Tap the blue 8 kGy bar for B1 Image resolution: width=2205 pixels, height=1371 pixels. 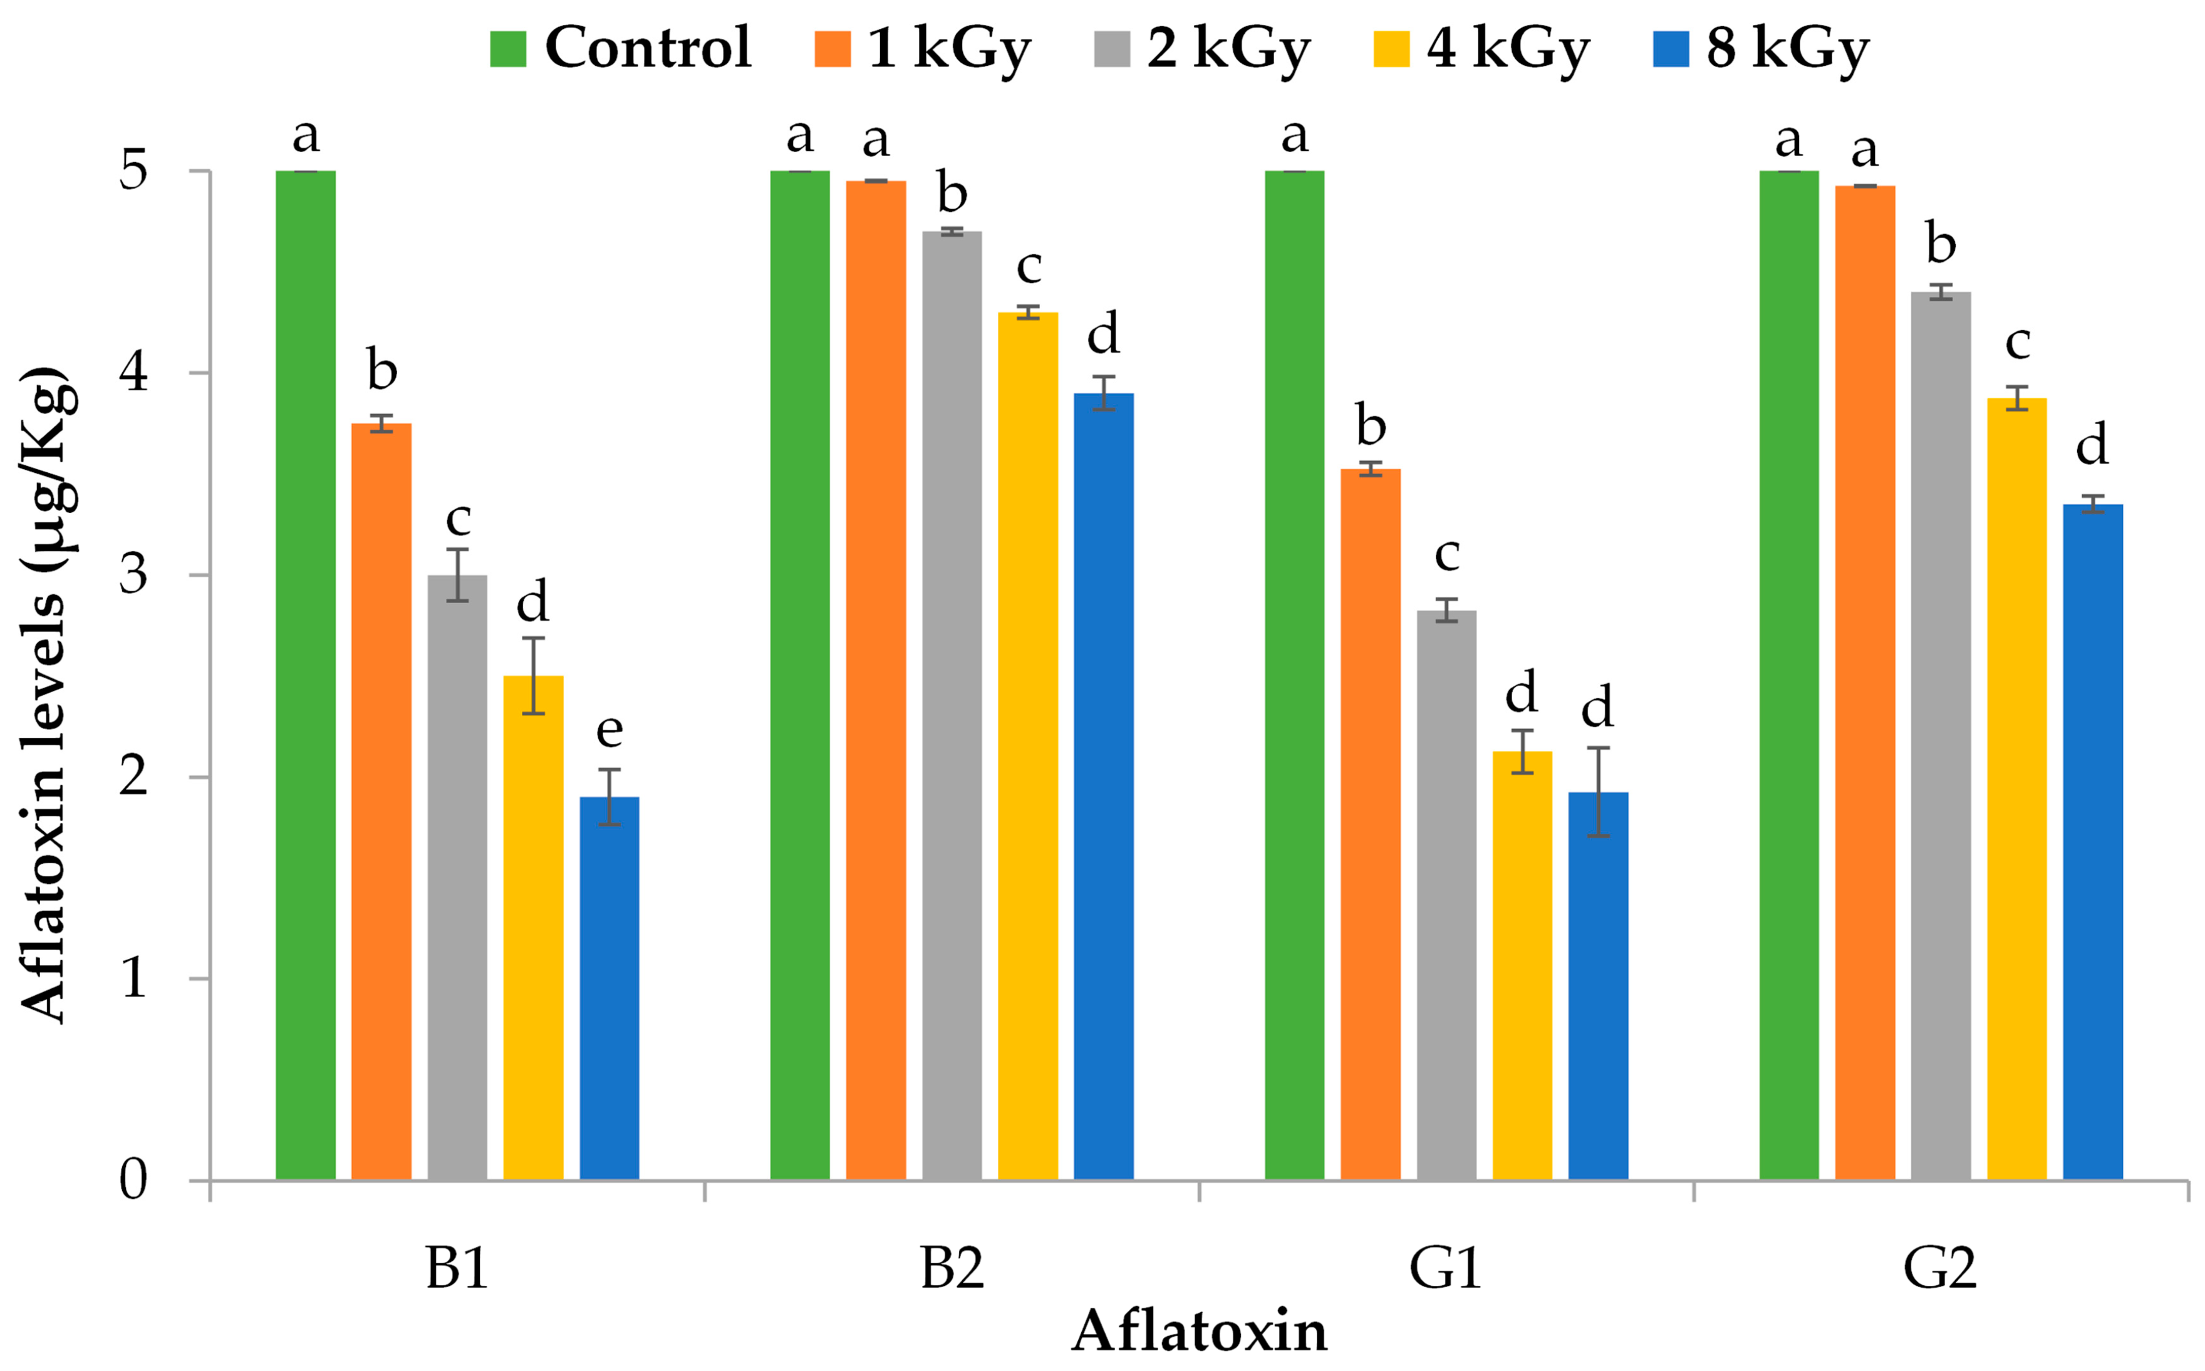(x=610, y=988)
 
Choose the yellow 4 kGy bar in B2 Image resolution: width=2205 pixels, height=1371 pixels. (x=1027, y=745)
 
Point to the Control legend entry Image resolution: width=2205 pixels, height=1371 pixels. (x=621, y=47)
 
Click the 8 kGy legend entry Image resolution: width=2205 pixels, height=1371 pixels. (x=1760, y=47)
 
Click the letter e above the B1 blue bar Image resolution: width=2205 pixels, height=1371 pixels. (x=610, y=730)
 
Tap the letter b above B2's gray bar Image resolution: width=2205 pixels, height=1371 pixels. (x=952, y=193)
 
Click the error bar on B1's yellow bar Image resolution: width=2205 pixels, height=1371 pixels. (x=533, y=676)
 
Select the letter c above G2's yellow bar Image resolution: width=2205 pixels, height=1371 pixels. (x=2016, y=342)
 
